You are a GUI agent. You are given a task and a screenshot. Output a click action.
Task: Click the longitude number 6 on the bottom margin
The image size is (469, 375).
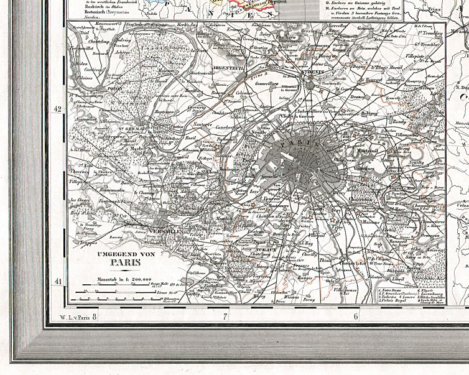click(356, 317)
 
